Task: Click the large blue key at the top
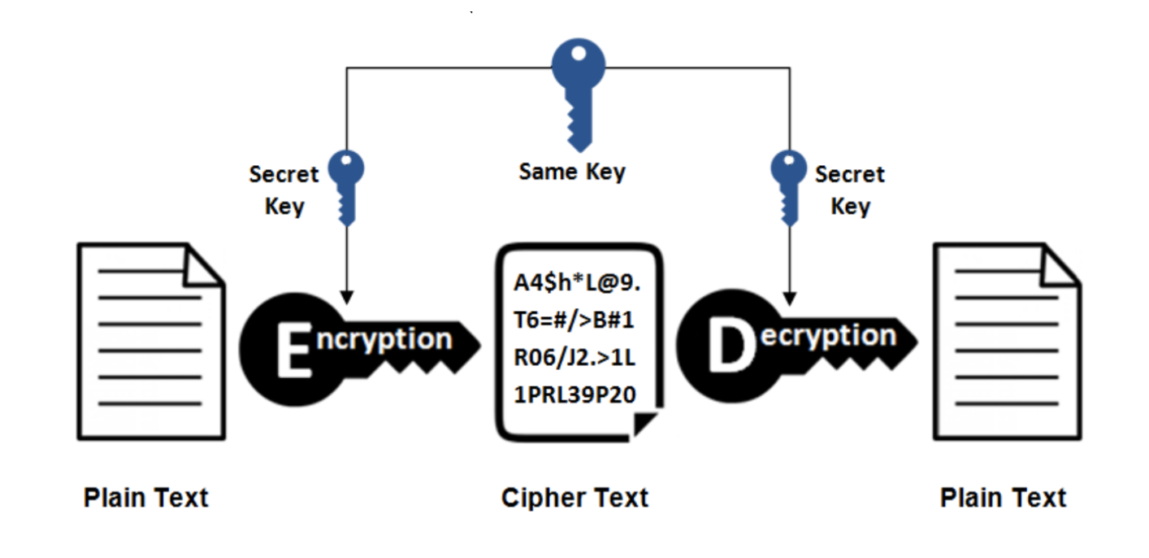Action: point(579,89)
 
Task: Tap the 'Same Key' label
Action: point(572,172)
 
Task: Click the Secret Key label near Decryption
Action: point(850,190)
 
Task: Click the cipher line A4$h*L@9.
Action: point(578,282)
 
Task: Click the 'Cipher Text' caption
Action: point(574,497)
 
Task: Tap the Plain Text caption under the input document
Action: point(146,497)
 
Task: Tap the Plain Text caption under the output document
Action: point(1003,497)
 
